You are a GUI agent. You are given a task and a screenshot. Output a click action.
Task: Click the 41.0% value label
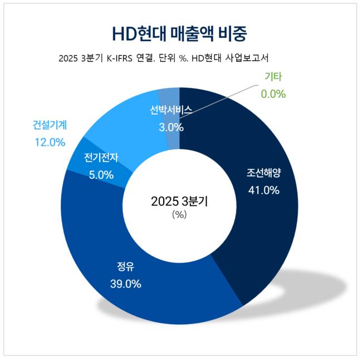(263, 190)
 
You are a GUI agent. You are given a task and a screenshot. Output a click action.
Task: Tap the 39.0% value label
(125, 284)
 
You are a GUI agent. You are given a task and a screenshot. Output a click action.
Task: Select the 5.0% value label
(101, 175)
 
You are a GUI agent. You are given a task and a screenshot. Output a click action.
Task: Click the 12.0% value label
(50, 142)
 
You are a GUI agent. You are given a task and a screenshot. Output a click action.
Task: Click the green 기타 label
(273, 77)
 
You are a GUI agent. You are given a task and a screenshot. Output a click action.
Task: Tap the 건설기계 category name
(49, 125)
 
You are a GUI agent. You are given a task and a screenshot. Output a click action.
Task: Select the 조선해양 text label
(264, 173)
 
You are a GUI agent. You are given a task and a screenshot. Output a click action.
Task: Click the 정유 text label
(125, 265)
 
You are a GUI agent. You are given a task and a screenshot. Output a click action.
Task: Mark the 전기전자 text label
(101, 157)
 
